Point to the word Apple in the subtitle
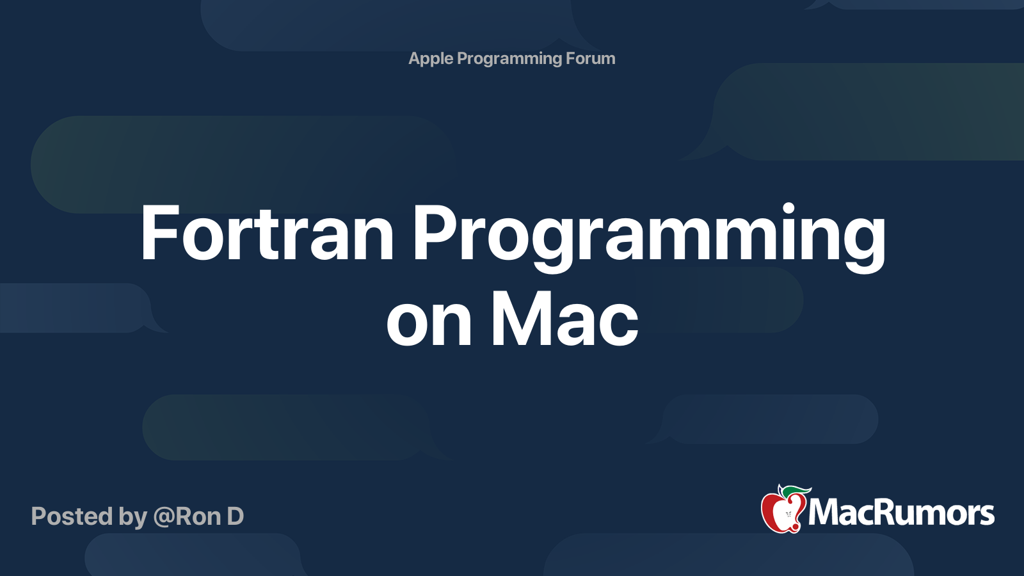pos(431,59)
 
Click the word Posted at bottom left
pos(72,516)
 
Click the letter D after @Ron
pos(235,516)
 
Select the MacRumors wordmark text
pos(901,513)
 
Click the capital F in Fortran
pos(157,234)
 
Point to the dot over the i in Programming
pos(788,209)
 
